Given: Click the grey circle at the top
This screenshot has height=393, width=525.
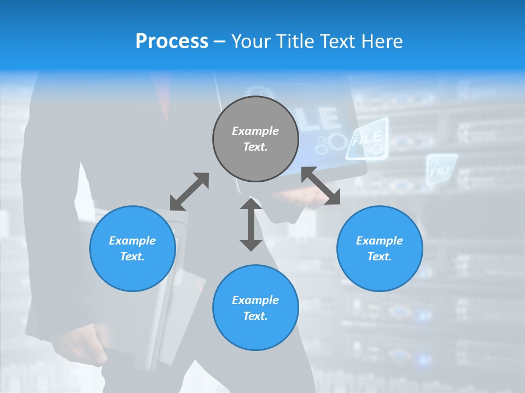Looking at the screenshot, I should [255, 139].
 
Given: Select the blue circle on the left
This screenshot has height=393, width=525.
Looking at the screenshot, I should [132, 248].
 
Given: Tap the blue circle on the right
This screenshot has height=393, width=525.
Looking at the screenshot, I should [380, 248].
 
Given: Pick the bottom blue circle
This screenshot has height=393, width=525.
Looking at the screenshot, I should [255, 308].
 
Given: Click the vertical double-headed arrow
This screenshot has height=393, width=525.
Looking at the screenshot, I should [251, 224].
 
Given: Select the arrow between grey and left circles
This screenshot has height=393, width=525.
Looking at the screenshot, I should [189, 192].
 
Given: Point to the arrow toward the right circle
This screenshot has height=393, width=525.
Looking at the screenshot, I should [321, 186].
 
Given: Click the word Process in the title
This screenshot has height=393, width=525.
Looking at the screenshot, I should [172, 41].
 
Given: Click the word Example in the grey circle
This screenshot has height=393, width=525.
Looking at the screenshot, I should [255, 131].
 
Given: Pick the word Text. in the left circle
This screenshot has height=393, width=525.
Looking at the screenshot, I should [132, 257].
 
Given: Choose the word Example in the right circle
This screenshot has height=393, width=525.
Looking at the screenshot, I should [380, 241].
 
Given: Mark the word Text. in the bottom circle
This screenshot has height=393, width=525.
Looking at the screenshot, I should [255, 316].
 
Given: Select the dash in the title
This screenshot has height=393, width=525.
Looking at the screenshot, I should [220, 41].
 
